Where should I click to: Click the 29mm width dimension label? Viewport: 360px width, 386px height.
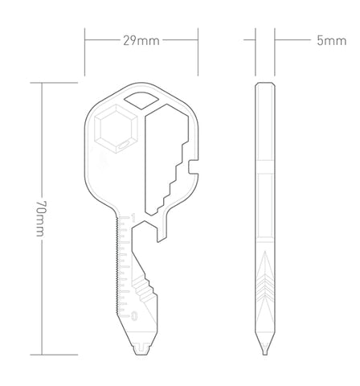point(141,41)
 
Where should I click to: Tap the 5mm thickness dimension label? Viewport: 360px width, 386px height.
point(332,41)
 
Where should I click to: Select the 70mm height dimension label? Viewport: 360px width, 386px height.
point(41,218)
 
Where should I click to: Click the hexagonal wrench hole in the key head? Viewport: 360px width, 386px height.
point(116,129)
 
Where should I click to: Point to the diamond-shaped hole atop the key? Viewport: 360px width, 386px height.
point(141,101)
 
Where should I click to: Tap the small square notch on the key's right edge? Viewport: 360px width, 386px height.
point(194,166)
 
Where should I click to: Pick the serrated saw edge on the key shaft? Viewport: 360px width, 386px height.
point(117,265)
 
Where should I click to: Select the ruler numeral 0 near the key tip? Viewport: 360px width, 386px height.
point(134,316)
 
